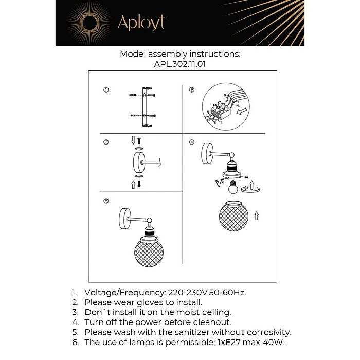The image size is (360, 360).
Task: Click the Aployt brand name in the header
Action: pyautogui.click(x=141, y=23)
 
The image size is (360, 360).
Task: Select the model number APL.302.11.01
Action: pyautogui.click(x=180, y=64)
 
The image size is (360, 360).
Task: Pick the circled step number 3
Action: pyautogui.click(x=106, y=142)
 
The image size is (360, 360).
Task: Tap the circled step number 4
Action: pyautogui.click(x=192, y=142)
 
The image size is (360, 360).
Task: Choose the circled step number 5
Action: pyautogui.click(x=106, y=201)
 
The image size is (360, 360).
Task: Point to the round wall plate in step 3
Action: pyautogui.click(x=139, y=163)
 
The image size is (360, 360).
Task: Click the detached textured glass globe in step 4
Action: pyautogui.click(x=231, y=218)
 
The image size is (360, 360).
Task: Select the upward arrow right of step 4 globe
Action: pyautogui.click(x=256, y=216)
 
